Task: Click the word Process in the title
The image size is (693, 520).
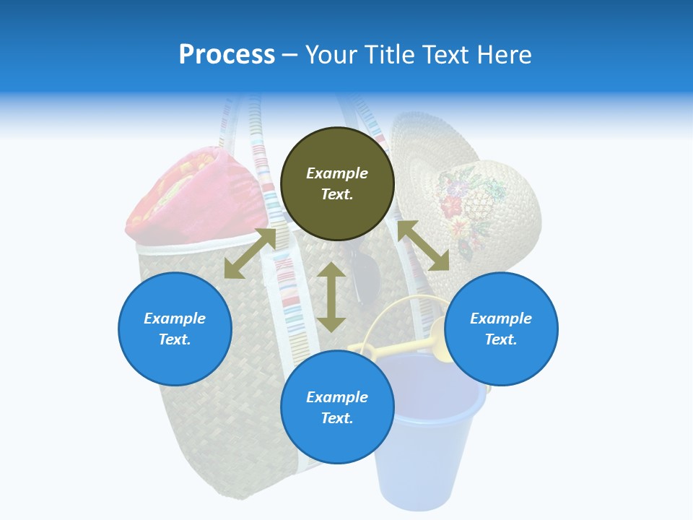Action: click(x=227, y=55)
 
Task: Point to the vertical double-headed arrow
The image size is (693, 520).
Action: click(x=331, y=297)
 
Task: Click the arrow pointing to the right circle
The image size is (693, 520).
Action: click(x=423, y=246)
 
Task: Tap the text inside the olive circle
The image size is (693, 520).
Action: click(x=337, y=183)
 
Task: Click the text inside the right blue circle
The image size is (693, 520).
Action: click(x=501, y=329)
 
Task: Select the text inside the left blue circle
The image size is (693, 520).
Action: click(x=175, y=329)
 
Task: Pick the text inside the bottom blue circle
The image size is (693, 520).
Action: click(x=337, y=407)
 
